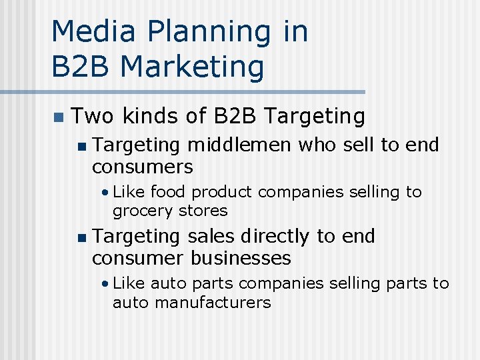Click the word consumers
coord(143,166)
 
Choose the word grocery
coord(141,211)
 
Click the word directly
coord(275,236)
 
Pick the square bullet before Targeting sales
coord(81,237)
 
